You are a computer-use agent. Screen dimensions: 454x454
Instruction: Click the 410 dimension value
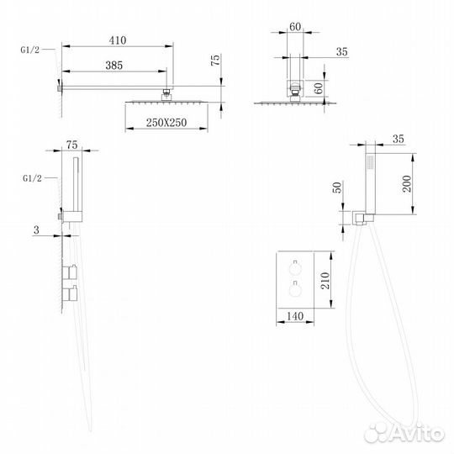(x=118, y=40)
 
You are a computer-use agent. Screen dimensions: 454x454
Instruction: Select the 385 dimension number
(x=114, y=65)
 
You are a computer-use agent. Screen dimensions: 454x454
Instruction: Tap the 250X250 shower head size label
(x=166, y=123)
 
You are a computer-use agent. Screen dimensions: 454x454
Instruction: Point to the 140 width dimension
(x=295, y=316)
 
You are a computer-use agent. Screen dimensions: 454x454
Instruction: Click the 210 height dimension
(x=325, y=281)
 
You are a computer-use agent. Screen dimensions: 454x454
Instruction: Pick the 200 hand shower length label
(x=407, y=183)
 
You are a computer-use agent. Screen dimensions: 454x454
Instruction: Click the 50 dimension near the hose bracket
(x=337, y=187)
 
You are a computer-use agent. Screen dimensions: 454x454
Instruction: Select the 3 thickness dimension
(x=36, y=230)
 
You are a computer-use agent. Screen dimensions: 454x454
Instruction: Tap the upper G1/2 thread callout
(x=29, y=50)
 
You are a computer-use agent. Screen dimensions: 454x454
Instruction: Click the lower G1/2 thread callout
(x=32, y=178)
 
